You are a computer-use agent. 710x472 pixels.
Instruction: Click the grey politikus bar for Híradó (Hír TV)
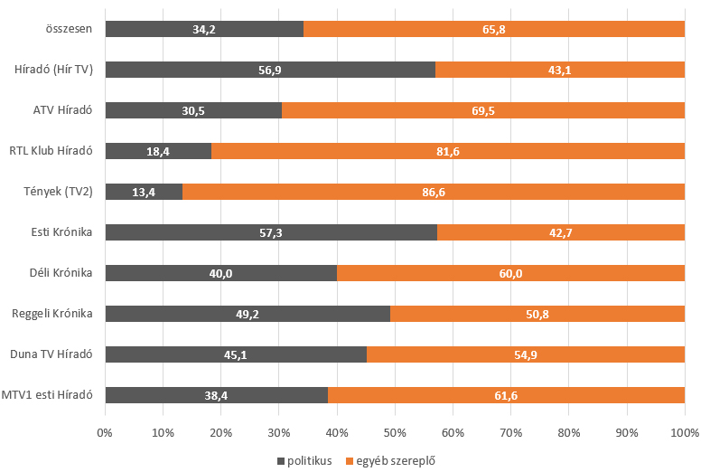[270, 70]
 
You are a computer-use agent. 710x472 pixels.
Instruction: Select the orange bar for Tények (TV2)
[434, 192]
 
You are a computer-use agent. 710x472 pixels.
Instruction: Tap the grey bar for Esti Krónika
[271, 232]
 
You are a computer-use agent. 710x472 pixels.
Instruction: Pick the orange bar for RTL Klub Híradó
[448, 151]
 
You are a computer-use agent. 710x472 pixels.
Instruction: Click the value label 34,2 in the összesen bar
[204, 29]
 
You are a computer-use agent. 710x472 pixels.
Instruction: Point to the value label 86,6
[434, 192]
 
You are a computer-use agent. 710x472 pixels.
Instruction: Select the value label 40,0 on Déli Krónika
[221, 273]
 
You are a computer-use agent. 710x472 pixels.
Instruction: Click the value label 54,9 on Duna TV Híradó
[526, 354]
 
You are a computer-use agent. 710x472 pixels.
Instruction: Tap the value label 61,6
[506, 395]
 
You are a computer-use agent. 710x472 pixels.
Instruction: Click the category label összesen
[70, 29]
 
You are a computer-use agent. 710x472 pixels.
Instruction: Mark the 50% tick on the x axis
[395, 432]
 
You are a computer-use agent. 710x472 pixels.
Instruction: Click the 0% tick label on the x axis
[106, 432]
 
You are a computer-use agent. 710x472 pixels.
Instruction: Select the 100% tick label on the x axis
[684, 432]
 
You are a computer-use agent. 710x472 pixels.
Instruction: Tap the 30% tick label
[279, 432]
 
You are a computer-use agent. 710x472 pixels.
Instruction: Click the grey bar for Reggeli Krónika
[248, 314]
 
